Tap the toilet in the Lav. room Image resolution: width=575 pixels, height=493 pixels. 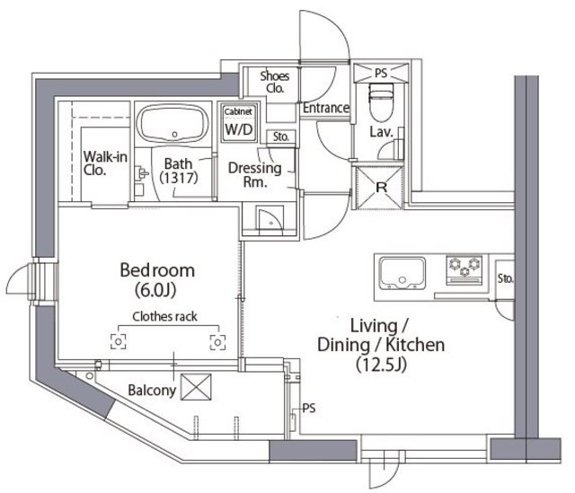click(x=381, y=102)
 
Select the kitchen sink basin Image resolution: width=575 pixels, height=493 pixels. click(x=402, y=273)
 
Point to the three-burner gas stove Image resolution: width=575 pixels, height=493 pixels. click(x=464, y=270)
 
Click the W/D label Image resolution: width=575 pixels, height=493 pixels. click(x=239, y=129)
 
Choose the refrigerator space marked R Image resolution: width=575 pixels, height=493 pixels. click(x=380, y=188)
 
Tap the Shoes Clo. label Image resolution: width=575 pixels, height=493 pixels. click(x=275, y=82)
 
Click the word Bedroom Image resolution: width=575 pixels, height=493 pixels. click(x=157, y=270)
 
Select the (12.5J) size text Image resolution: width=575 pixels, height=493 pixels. click(x=381, y=365)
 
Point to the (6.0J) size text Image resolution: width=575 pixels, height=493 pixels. click(x=155, y=290)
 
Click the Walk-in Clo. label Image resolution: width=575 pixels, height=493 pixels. click(x=105, y=163)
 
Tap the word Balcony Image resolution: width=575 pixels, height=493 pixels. click(x=152, y=391)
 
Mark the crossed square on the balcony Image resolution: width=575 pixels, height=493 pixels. click(x=196, y=387)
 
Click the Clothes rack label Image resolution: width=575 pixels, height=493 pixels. click(x=164, y=316)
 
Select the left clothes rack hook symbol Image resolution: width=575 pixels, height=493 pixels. click(x=119, y=341)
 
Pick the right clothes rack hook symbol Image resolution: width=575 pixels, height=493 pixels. click(x=217, y=342)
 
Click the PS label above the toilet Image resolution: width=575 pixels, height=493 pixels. click(x=381, y=74)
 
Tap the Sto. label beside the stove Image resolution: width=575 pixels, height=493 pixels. click(x=506, y=278)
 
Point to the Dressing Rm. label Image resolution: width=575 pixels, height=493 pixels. click(x=255, y=175)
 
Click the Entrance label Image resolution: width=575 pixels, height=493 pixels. click(x=326, y=108)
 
